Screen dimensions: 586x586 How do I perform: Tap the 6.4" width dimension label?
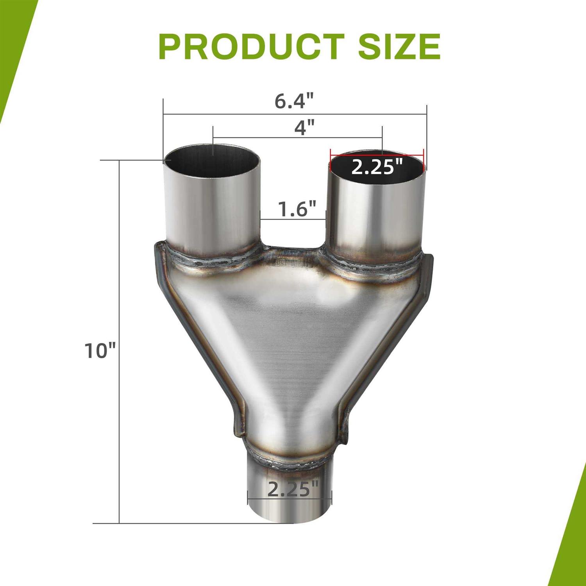point(294,102)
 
